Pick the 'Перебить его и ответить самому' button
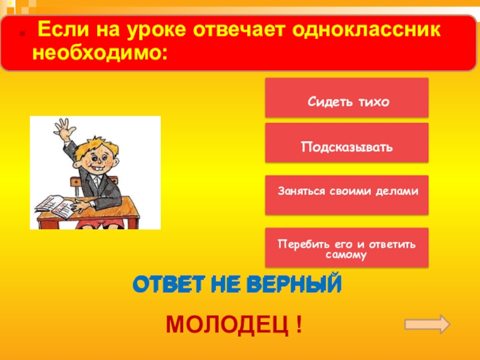[347, 247]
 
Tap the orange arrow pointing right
[427, 324]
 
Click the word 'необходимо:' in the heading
[100, 53]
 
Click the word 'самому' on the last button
[347, 254]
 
